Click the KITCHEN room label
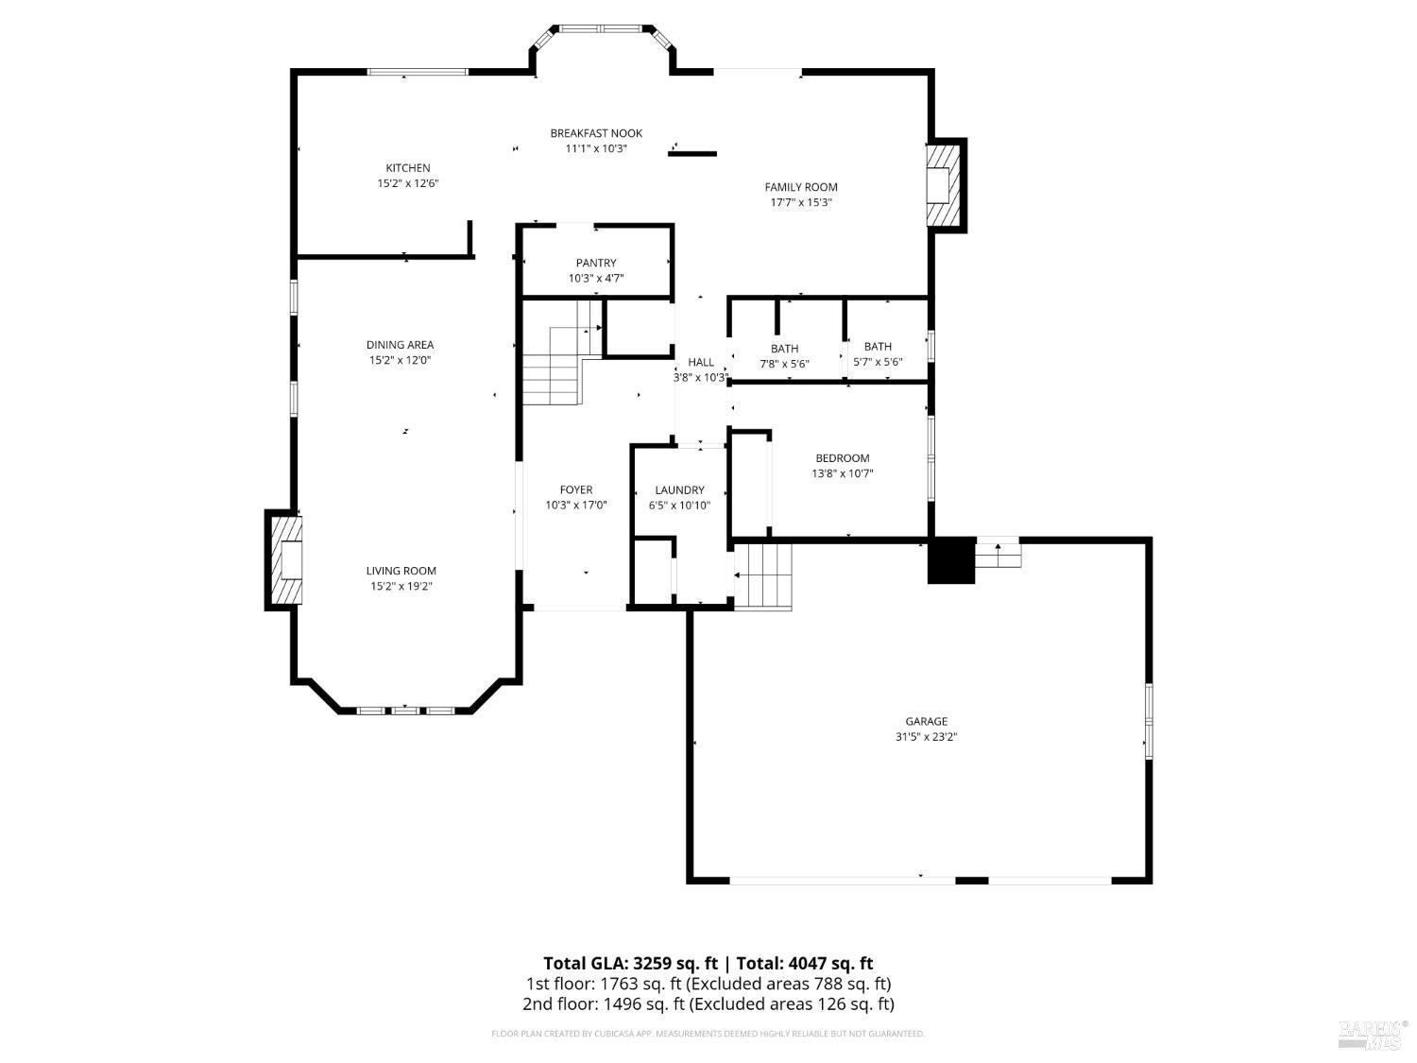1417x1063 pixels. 407,168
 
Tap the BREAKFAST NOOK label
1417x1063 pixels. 596,133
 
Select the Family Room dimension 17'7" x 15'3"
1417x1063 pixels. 801,202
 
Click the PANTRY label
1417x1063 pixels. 596,263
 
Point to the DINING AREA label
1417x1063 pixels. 400,345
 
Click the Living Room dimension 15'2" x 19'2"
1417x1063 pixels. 401,586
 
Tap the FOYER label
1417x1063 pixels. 576,489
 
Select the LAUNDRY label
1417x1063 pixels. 679,489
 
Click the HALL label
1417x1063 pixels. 701,362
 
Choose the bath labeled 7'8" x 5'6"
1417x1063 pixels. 784,356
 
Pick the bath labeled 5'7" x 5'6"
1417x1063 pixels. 878,354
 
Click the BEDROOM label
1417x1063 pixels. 843,458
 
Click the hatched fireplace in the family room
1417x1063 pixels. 945,185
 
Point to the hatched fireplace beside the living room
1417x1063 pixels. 285,560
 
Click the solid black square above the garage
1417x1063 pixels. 950,560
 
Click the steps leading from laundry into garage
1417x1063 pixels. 762,576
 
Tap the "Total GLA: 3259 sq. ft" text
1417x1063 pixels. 628,964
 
